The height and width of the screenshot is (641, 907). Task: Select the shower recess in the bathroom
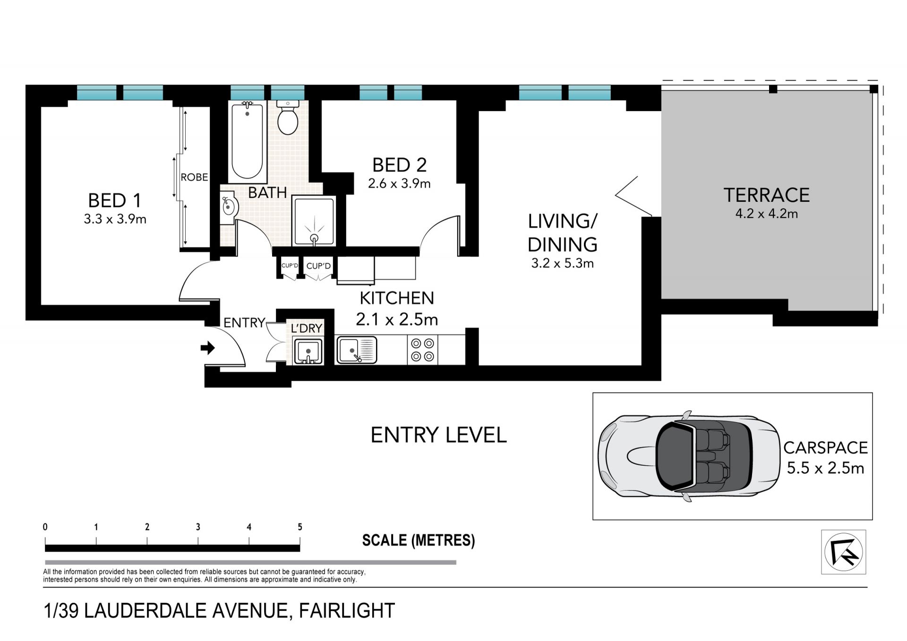(314, 222)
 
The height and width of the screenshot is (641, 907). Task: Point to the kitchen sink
(357, 350)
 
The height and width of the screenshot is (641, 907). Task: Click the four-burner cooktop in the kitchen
(422, 350)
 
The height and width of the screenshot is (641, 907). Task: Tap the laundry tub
(308, 351)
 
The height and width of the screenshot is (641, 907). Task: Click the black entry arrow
(207, 349)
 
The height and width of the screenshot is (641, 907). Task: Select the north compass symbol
(843, 552)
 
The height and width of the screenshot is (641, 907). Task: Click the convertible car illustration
(688, 456)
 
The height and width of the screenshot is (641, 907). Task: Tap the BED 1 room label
(115, 201)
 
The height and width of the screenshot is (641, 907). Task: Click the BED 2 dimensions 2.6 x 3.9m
(399, 183)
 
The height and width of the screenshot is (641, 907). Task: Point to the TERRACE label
(767, 195)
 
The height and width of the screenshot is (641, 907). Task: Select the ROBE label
(194, 177)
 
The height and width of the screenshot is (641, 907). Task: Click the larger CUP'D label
(318, 266)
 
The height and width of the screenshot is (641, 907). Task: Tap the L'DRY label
(307, 328)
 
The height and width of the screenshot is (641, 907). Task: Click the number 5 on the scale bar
(299, 527)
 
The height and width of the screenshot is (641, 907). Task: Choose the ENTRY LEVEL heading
(438, 435)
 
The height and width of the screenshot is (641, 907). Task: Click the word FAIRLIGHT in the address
(347, 611)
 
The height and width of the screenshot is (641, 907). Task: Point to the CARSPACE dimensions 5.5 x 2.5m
(825, 468)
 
